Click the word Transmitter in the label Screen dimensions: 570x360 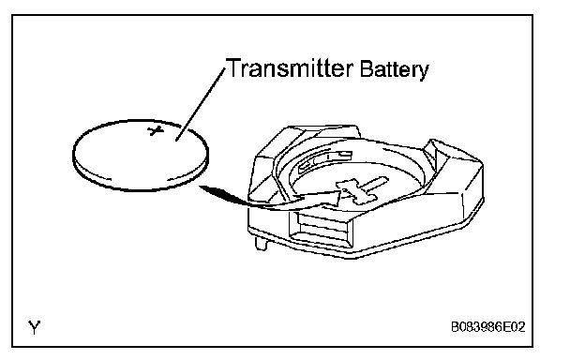point(290,67)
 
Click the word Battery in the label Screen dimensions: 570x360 point(394,69)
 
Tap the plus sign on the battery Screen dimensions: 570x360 point(156,130)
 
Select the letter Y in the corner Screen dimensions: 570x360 point(34,327)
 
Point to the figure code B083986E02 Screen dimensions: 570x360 point(487,327)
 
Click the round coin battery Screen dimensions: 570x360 point(141,156)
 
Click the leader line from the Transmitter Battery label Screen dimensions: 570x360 point(201,104)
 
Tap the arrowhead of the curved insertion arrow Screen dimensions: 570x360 point(331,199)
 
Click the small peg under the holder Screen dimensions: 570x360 point(261,243)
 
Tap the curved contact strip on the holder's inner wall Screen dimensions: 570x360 point(324,160)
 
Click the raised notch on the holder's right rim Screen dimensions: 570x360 point(434,151)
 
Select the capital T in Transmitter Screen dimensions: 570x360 point(233,67)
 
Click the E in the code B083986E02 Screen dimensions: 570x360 point(505,327)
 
